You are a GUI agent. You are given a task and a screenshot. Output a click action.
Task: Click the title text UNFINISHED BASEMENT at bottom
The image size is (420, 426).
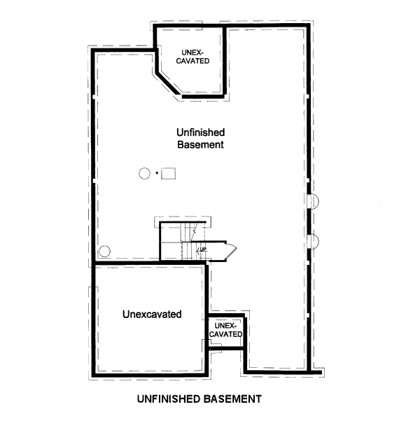click(199, 399)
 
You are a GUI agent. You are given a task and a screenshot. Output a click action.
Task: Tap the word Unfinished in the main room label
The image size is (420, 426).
click(199, 132)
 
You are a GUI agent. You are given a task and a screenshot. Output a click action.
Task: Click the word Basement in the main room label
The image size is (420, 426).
click(199, 145)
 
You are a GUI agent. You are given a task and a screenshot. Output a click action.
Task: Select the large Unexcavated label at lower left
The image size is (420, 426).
click(152, 314)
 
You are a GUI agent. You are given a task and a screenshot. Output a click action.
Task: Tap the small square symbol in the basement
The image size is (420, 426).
click(168, 173)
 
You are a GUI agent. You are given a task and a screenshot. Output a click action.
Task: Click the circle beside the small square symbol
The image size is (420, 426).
click(145, 173)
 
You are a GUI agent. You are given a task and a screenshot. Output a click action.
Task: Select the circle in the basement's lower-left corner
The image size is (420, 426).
click(105, 252)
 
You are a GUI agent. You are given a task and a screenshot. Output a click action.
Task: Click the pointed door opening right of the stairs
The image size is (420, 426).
click(227, 250)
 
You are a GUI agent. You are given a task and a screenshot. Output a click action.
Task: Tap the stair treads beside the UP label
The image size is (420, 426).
click(188, 251)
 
